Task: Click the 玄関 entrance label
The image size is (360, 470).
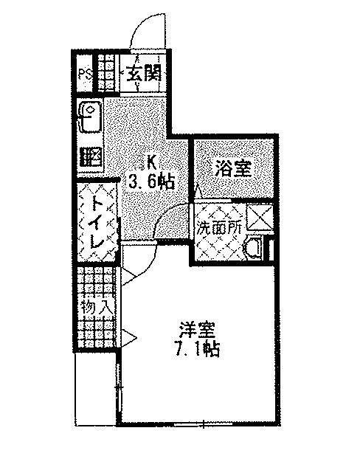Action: coord(144,73)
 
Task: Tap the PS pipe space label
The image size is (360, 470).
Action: coord(85,74)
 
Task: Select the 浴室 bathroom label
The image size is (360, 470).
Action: coord(233,170)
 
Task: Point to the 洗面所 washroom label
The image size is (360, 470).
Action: coord(219,229)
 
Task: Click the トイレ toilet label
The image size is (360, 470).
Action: coord(97,221)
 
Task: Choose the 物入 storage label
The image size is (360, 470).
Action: coord(97,307)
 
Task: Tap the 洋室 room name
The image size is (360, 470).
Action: coord(197,331)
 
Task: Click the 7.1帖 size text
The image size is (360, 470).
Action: coord(197,349)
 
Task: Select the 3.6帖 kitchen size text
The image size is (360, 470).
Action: coord(151,181)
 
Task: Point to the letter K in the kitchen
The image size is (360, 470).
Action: coord(151,163)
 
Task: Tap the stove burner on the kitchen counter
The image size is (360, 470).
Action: coord(91,157)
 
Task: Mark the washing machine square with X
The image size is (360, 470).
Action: coord(259,218)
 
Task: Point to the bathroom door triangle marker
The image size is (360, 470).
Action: coord(197,191)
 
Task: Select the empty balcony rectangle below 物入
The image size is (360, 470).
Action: coord(94,389)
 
